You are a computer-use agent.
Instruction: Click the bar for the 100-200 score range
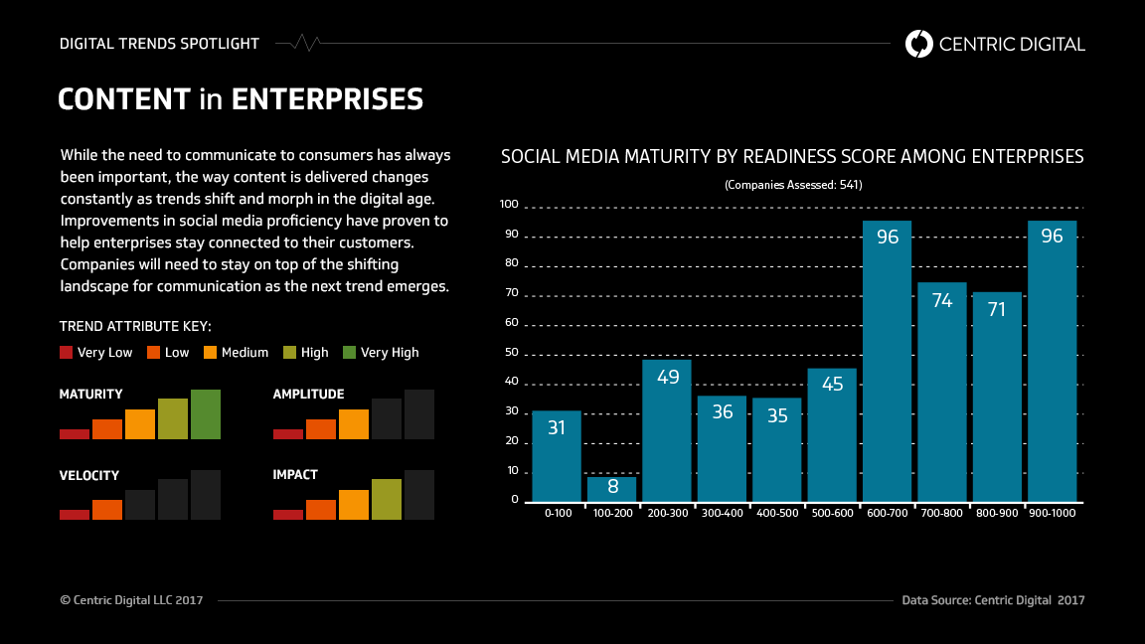[611, 489]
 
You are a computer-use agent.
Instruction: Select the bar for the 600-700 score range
[887, 362]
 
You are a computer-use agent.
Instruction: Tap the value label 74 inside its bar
[942, 300]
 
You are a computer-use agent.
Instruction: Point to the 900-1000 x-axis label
[1052, 513]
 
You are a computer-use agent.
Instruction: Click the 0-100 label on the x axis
[557, 513]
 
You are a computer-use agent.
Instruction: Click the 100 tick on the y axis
[509, 205]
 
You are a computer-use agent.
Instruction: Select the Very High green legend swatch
[349, 352]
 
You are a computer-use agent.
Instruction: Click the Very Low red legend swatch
[67, 352]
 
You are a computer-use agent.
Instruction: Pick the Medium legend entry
[236, 352]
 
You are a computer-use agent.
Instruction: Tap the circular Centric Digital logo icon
[919, 44]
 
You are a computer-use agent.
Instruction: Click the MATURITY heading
[91, 395]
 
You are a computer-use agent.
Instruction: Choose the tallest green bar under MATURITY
[206, 414]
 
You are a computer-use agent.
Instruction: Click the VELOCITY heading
[89, 475]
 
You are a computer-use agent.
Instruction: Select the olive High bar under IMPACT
[387, 499]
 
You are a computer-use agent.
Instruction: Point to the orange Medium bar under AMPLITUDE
[354, 424]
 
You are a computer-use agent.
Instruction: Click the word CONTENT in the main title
[124, 99]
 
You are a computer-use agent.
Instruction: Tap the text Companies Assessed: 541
[792, 185]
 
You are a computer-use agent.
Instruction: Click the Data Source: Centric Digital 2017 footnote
[993, 600]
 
